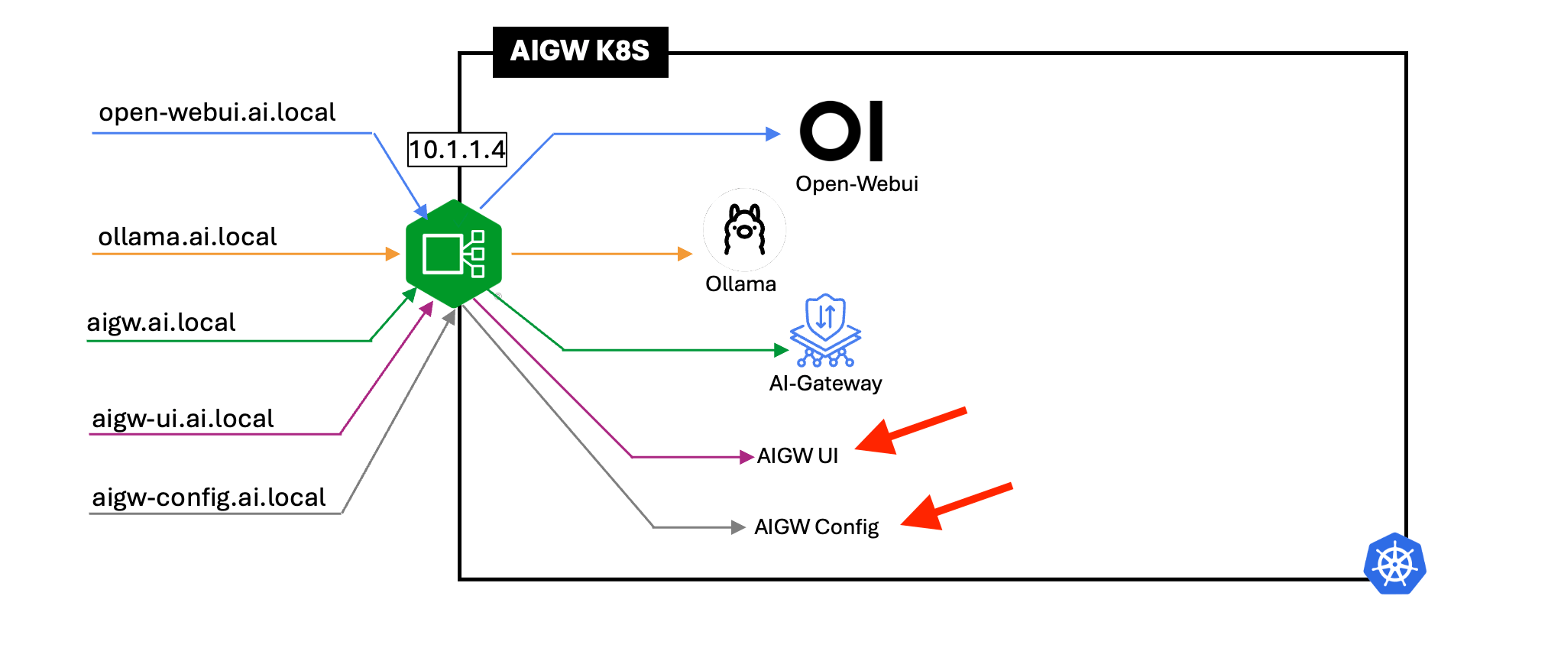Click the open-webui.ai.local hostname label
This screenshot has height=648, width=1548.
tap(217, 112)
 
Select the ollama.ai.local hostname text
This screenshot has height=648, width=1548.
tap(187, 237)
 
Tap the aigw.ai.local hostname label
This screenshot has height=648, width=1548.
tap(161, 322)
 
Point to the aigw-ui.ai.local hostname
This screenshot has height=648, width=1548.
tap(183, 419)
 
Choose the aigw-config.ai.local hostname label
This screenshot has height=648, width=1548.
tap(209, 497)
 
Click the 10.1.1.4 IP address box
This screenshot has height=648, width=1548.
tap(457, 149)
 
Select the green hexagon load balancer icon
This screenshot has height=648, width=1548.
tap(454, 254)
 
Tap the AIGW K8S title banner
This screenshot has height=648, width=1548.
tap(580, 51)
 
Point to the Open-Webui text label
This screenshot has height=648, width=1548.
tap(857, 184)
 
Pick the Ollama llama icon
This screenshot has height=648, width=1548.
tap(744, 229)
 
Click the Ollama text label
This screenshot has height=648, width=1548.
tap(740, 284)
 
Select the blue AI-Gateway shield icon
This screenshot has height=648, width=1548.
tap(825, 330)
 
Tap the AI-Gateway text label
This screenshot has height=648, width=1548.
tap(825, 384)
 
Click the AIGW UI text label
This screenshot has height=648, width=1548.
tap(797, 456)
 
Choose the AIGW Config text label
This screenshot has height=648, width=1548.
tap(816, 527)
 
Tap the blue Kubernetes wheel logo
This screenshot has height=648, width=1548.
tap(1395, 564)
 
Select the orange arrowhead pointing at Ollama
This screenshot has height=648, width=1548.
tap(685, 254)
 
